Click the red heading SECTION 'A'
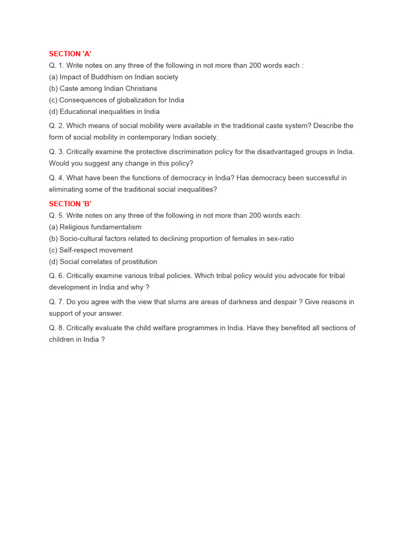click(x=70, y=54)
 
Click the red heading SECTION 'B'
click(x=70, y=204)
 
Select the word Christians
click(x=140, y=89)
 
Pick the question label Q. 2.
click(x=56, y=126)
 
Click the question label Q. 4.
click(x=56, y=178)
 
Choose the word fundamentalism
click(x=116, y=227)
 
